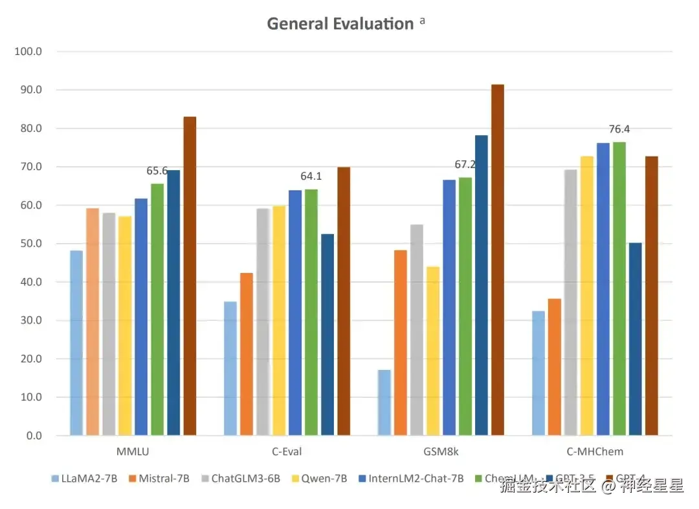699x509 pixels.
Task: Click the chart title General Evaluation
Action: point(340,24)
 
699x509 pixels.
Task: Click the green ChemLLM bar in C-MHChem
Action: point(619,288)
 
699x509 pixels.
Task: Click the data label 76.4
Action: point(619,129)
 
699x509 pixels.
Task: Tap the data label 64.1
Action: point(311,176)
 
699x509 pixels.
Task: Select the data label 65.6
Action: point(157,171)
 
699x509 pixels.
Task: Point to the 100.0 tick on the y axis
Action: point(28,52)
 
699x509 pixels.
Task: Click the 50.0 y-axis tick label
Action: point(28,244)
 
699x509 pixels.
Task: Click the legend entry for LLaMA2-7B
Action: point(85,479)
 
